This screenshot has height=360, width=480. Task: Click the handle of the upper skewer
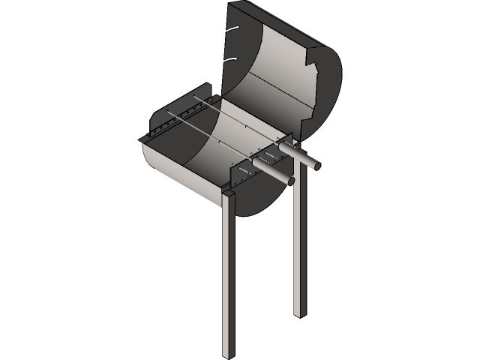pos(301,157)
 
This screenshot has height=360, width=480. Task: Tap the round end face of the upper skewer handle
pos(319,165)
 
